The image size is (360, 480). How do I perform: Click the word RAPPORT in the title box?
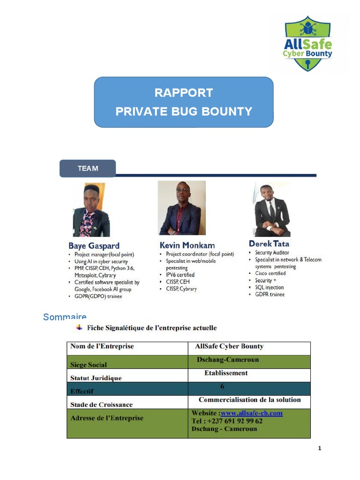[183, 93]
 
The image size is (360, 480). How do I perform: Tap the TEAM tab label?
[88, 168]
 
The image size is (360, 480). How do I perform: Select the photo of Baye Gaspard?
[91, 210]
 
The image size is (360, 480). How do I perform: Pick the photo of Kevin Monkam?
[182, 208]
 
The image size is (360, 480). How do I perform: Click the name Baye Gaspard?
[94, 246]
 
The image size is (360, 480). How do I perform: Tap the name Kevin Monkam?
[187, 245]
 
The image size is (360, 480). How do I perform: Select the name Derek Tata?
[269, 244]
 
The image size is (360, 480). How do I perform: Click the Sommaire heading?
[65, 317]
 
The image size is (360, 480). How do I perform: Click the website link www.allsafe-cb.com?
[252, 413]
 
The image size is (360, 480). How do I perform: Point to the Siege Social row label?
[88, 365]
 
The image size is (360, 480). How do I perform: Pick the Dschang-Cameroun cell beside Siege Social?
[228, 360]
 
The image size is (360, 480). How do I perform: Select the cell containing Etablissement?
[226, 373]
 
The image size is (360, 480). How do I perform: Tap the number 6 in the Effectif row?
[222, 386]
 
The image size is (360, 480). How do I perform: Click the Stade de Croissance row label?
[101, 405]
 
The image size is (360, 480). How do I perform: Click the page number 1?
[320, 449]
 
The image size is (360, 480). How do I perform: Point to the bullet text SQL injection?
[269, 287]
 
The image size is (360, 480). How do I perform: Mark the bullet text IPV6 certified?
[180, 275]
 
